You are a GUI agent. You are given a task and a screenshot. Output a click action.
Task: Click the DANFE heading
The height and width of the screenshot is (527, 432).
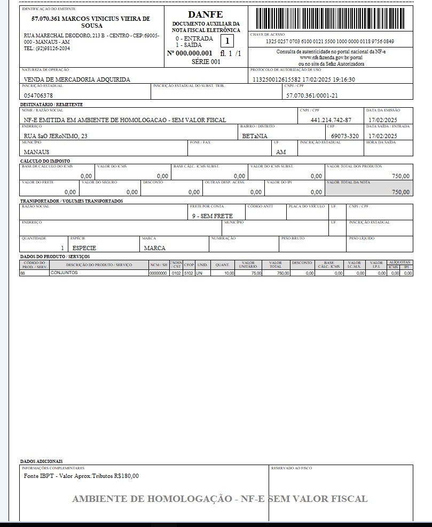[206, 14]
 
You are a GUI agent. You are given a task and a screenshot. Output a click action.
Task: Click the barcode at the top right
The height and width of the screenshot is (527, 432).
[331, 18]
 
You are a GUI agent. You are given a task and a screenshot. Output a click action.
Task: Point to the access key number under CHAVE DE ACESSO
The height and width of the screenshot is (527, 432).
[330, 42]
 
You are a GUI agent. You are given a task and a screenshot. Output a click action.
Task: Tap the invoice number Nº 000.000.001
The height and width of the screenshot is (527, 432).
[190, 53]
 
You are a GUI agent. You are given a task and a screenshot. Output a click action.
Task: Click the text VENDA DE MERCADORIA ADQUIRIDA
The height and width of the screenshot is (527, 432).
[77, 79]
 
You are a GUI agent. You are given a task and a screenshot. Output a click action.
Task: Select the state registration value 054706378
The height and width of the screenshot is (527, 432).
[38, 95]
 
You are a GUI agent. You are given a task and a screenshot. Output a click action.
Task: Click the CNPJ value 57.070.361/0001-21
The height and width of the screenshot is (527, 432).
[312, 95]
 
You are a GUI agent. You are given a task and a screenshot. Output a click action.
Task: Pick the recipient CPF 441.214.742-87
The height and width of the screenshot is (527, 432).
[331, 121]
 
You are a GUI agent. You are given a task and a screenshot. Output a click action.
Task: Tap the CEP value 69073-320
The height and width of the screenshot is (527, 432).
[345, 136]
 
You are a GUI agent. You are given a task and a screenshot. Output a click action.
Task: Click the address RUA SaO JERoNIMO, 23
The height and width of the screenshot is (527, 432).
[56, 136]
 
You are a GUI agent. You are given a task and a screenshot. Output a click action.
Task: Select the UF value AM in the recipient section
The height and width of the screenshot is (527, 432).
[281, 152]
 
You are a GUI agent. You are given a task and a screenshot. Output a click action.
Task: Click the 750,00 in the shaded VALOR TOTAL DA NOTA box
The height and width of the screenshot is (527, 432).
[400, 192]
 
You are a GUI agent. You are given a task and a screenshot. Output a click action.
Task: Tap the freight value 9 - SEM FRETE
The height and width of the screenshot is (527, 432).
[213, 216]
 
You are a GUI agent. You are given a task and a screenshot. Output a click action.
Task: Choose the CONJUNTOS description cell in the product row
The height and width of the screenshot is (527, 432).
[64, 273]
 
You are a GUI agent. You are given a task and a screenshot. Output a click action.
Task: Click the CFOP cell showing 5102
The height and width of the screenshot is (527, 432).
[189, 273]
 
